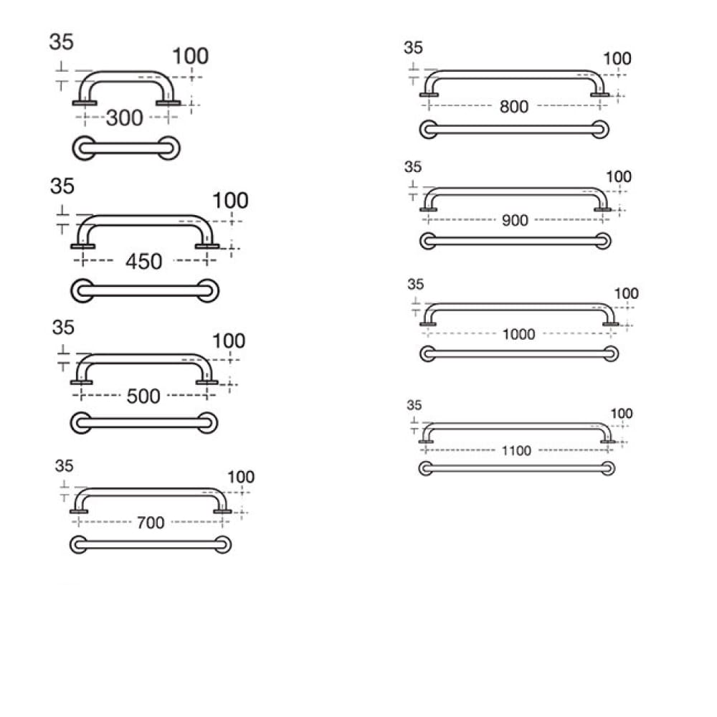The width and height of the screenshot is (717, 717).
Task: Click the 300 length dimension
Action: [124, 118]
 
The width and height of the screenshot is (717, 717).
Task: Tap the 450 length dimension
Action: [143, 262]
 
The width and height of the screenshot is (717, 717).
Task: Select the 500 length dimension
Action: [143, 396]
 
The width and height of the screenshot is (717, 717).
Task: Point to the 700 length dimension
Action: [151, 522]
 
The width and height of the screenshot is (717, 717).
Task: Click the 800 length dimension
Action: [514, 107]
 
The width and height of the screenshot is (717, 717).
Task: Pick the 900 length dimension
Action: [515, 220]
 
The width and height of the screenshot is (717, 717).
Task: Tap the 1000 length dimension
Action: [518, 334]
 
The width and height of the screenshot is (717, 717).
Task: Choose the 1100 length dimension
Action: [516, 451]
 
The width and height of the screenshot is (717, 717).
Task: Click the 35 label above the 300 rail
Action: [61, 42]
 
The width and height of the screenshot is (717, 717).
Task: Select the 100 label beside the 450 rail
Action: [230, 200]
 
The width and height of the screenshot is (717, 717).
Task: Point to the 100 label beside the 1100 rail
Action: [622, 414]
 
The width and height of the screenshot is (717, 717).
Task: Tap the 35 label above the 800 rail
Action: [413, 47]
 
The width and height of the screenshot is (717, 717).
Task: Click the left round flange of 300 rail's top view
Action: [84, 148]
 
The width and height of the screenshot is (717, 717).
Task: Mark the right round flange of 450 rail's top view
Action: [208, 291]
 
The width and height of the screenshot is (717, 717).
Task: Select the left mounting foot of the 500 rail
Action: [82, 382]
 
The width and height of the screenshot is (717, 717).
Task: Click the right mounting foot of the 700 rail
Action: [222, 511]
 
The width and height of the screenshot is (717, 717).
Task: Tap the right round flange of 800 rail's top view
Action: [600, 129]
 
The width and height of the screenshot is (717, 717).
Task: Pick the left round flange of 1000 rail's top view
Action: [427, 353]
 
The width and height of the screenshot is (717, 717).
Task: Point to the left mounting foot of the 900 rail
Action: [428, 209]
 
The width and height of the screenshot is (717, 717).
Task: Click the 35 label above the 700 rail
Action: [64, 466]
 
